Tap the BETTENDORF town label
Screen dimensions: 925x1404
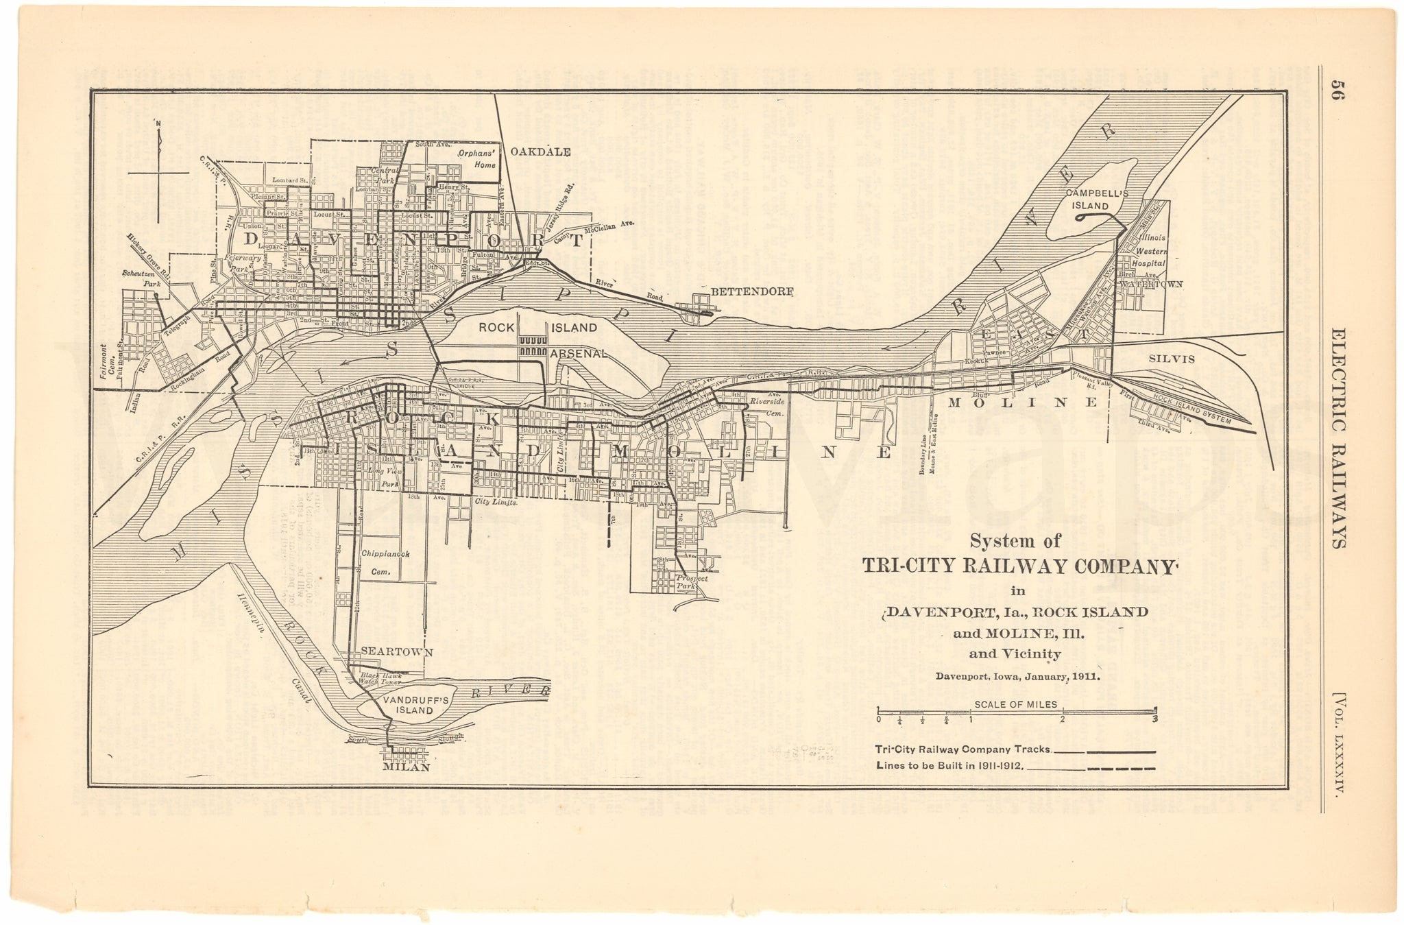tap(751, 291)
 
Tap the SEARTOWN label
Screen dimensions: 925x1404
tap(397, 653)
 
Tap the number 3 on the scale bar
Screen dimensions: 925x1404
tap(1154, 719)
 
